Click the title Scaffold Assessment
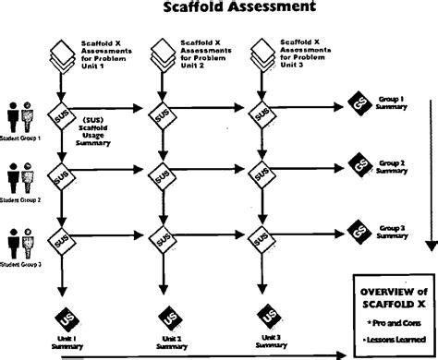click(x=219, y=8)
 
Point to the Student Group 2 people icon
click(x=19, y=175)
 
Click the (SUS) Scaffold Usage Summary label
click(x=97, y=133)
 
